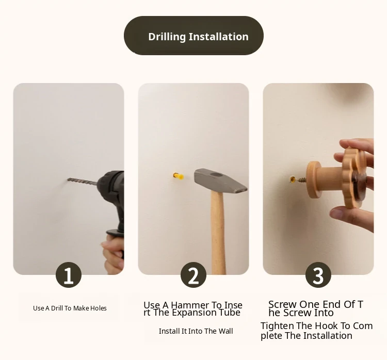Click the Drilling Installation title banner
tap(193, 36)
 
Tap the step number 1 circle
tap(69, 275)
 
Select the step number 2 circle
tap(193, 275)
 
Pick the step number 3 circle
tap(318, 275)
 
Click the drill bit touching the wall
tap(82, 182)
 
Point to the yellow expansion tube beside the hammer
tap(179, 176)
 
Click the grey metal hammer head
tap(220, 181)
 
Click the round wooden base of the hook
tap(313, 180)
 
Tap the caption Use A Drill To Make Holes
tap(70, 308)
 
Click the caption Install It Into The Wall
tap(196, 331)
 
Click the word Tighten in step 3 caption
tap(278, 326)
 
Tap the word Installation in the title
tap(219, 37)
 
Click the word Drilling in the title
tap(167, 37)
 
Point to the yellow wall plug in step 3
tap(293, 179)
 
